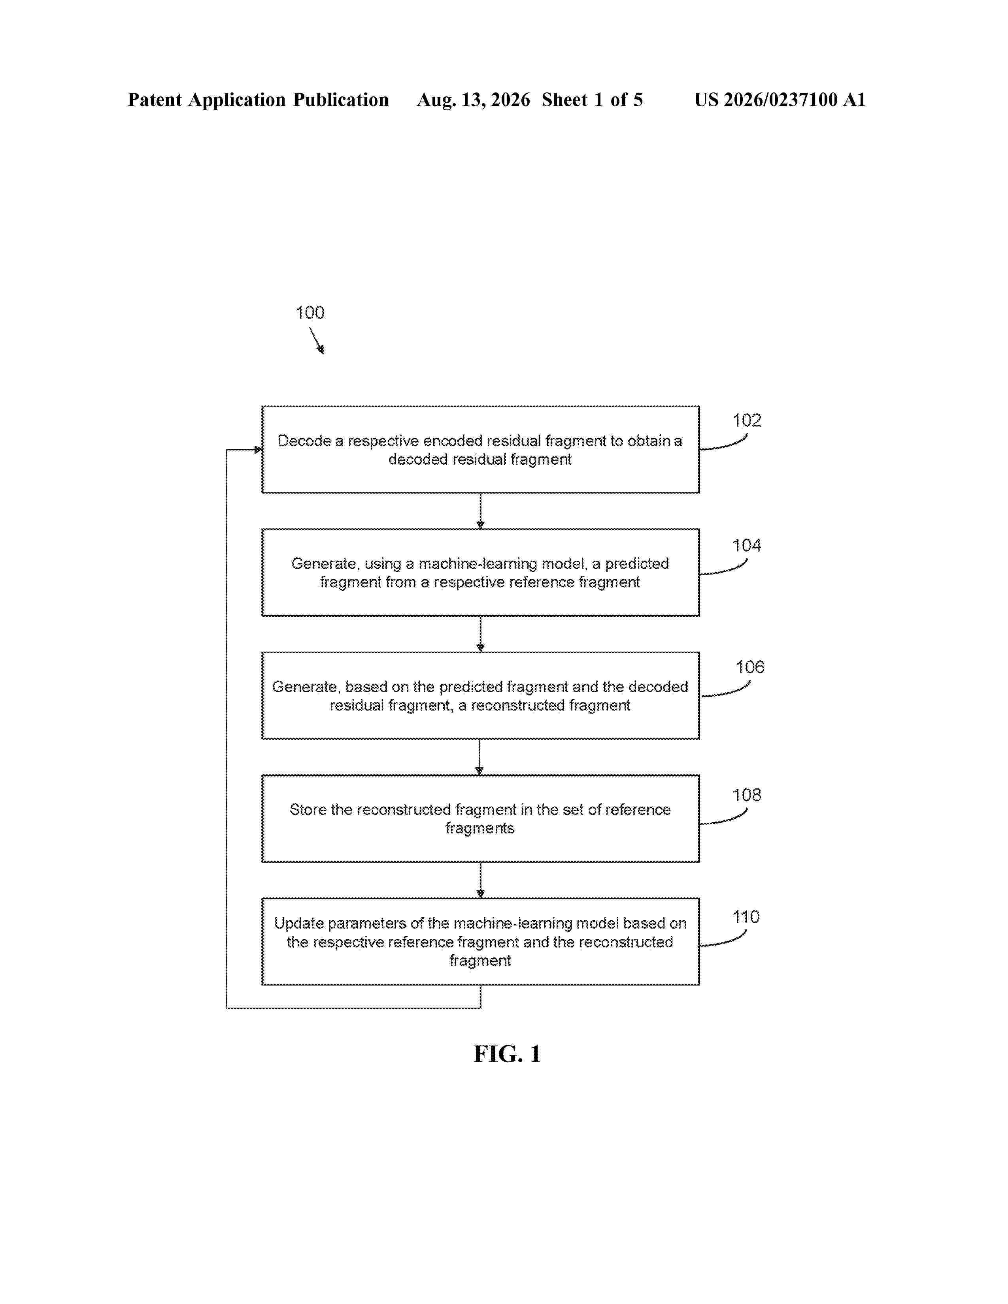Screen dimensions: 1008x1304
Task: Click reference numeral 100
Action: [x=310, y=312]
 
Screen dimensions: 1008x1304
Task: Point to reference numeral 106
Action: [x=749, y=667]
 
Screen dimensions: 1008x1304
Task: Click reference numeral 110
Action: [x=746, y=916]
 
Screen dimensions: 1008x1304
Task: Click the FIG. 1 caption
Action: [x=507, y=1054]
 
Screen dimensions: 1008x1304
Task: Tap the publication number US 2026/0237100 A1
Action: [x=780, y=100]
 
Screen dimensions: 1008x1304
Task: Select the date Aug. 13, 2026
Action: [x=474, y=100]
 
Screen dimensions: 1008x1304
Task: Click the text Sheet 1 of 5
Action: [x=593, y=100]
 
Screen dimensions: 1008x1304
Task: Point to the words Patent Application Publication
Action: [x=258, y=100]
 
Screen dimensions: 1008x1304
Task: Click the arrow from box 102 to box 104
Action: [x=480, y=511]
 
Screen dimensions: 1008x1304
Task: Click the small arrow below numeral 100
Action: [x=317, y=340]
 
